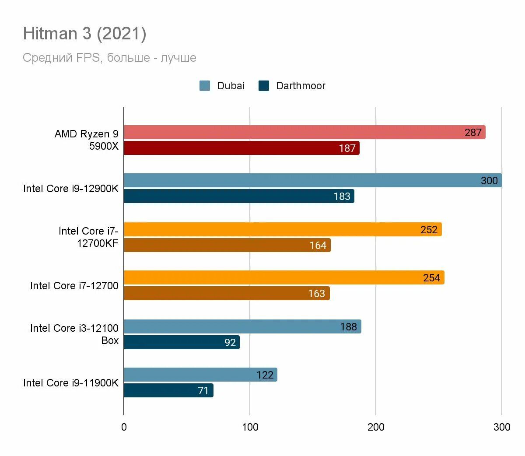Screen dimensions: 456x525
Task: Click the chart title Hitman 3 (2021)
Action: [84, 34]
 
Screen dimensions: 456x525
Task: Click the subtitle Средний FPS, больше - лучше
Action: [109, 58]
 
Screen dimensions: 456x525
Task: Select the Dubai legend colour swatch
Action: [205, 86]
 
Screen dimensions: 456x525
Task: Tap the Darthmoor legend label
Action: [301, 86]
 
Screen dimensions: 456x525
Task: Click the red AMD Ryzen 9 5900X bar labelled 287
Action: [304, 132]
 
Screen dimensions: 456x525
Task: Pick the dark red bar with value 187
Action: [241, 148]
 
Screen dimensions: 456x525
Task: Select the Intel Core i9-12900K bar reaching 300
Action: [313, 180]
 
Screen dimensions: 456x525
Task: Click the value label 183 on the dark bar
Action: [342, 196]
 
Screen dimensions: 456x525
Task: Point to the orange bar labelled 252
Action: [283, 229]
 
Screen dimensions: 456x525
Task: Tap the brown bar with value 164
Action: [227, 245]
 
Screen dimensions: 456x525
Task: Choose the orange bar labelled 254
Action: [284, 277]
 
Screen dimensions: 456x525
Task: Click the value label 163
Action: [316, 294]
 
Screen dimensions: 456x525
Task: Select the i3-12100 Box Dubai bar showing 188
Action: [242, 326]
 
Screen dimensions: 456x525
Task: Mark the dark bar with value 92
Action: [182, 342]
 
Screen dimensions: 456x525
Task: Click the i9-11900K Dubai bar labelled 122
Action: [200, 375]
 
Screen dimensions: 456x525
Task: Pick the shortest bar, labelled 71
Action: [168, 390]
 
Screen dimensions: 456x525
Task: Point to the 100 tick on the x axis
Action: [250, 427]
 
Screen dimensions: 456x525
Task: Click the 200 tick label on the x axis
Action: [376, 427]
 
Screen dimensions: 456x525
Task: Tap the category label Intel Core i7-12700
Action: [74, 286]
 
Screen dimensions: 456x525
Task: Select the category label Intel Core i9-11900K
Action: [70, 383]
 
